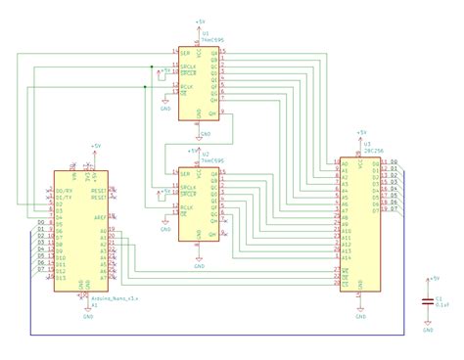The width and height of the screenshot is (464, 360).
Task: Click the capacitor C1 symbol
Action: (x=427, y=300)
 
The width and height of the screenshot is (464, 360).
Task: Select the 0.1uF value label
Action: (x=441, y=304)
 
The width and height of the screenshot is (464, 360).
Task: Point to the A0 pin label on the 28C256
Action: (x=345, y=162)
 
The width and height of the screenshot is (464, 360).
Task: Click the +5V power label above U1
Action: (x=200, y=21)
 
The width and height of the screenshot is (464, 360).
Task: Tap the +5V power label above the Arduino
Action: (x=95, y=146)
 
